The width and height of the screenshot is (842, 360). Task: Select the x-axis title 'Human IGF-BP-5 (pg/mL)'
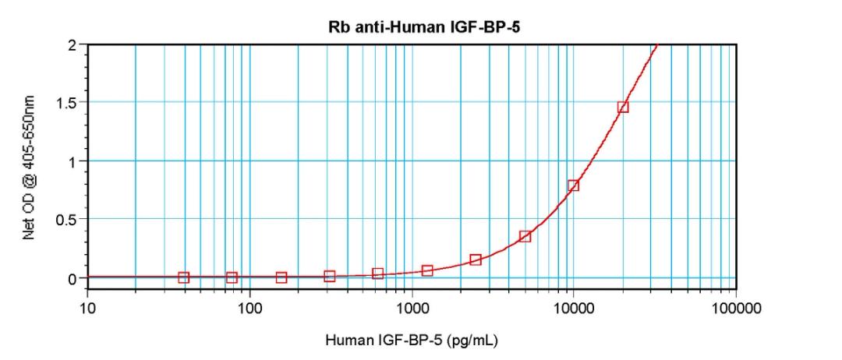pos(412,341)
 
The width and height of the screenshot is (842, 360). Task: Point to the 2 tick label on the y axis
pos(72,44)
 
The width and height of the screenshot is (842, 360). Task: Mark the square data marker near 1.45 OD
pos(622,107)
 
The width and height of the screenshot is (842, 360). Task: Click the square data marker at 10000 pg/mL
pos(573,185)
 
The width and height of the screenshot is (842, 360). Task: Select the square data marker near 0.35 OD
pos(525,236)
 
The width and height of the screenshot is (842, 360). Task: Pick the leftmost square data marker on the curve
pos(184,277)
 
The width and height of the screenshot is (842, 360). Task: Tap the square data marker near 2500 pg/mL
pos(476,259)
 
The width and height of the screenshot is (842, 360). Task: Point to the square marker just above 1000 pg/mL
pos(427,270)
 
